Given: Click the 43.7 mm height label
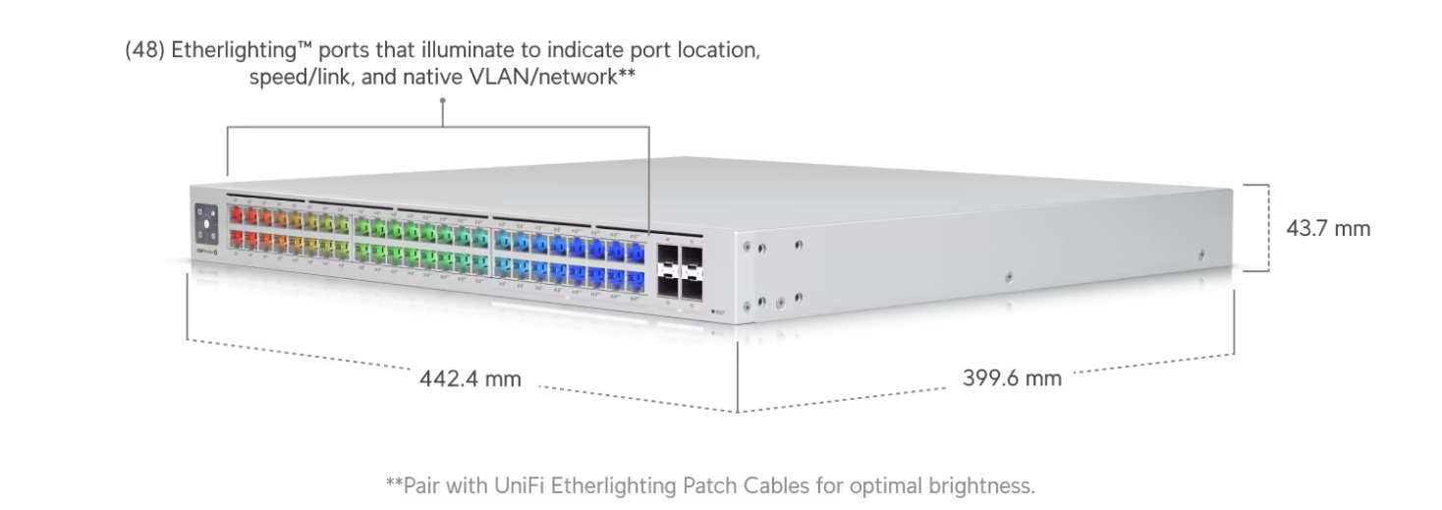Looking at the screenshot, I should point(1328,228).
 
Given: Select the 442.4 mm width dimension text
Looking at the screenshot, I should point(471,378).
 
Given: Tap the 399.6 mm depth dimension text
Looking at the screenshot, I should point(1012,378).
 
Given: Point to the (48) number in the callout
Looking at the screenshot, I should point(144,51).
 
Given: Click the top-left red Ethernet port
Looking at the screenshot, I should point(236,215).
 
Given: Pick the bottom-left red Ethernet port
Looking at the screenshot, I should point(236,239).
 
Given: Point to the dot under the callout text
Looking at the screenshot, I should point(443,100).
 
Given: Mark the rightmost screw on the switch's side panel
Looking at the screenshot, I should point(1200,255).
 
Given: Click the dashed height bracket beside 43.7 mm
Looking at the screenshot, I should point(1267,227).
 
